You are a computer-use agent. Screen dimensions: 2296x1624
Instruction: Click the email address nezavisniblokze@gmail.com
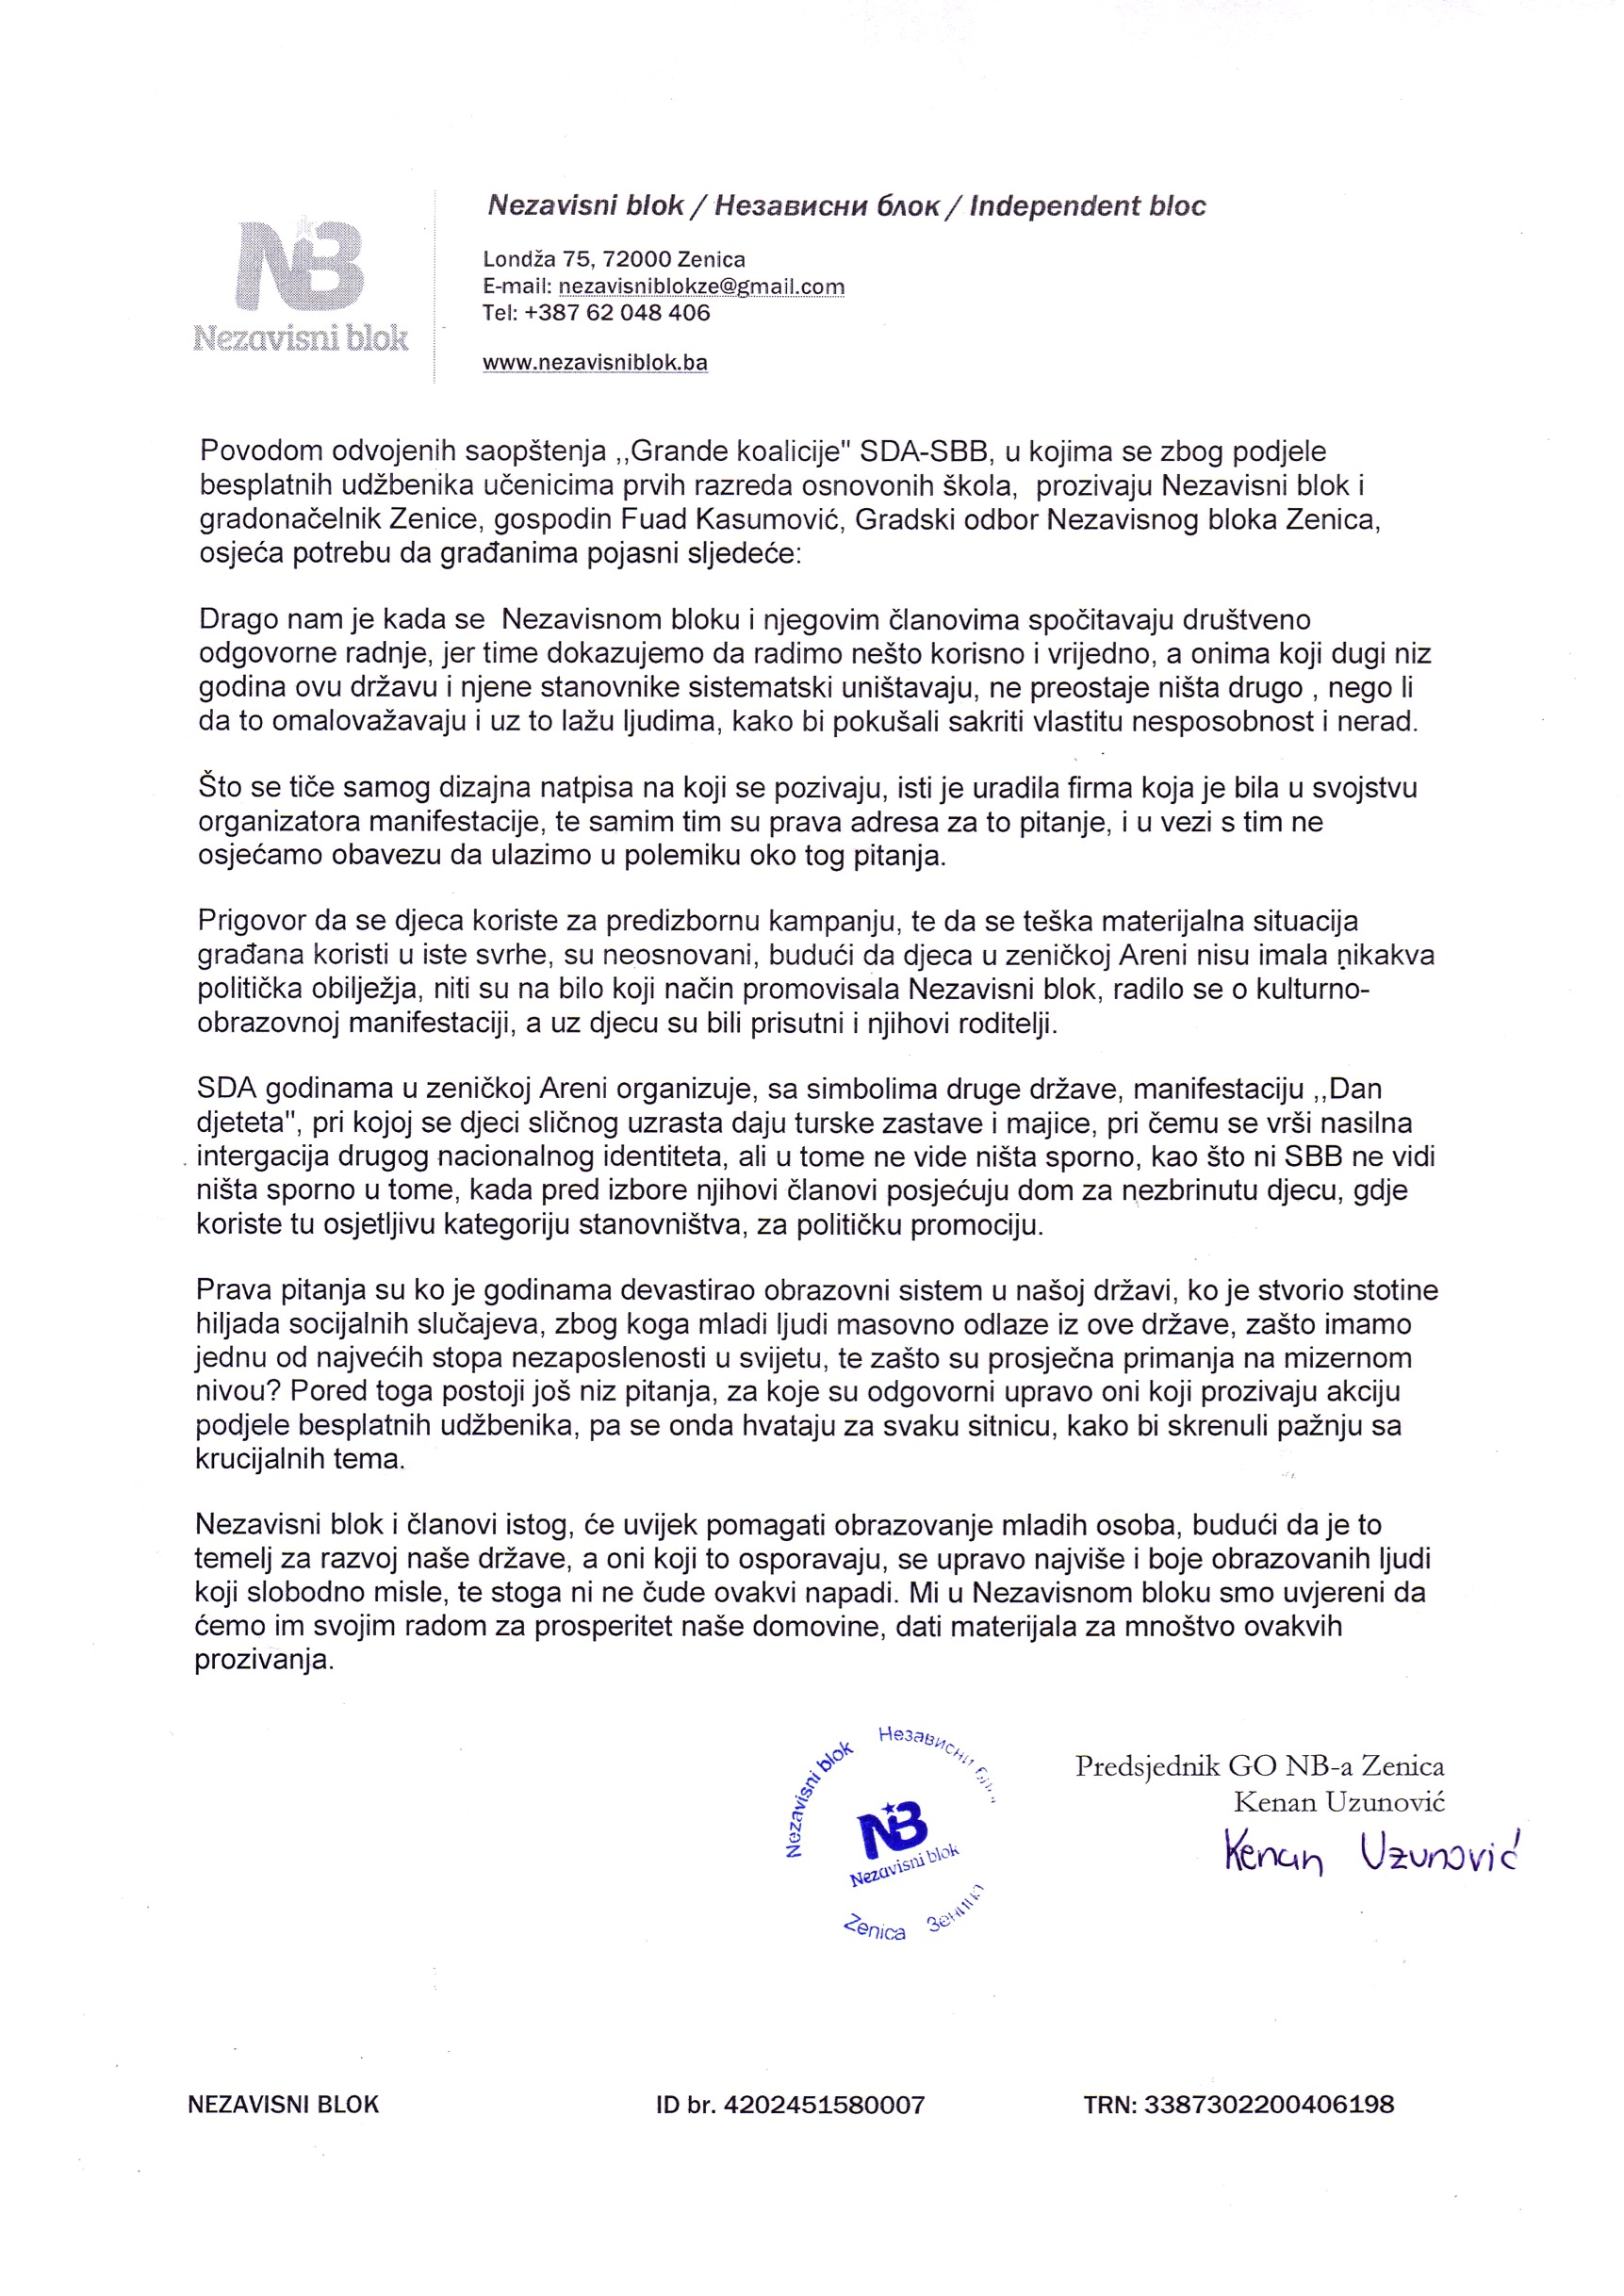[701, 287]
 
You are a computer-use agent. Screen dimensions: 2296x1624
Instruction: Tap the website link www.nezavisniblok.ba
[595, 362]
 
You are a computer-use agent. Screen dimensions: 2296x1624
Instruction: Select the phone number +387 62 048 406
[616, 313]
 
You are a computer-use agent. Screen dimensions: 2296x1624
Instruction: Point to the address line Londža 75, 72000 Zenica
[614, 260]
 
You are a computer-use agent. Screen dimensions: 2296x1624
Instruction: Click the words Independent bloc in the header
[1087, 206]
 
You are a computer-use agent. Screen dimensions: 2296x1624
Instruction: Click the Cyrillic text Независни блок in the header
[827, 206]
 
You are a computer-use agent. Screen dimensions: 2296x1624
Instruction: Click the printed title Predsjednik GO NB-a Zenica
[1259, 1766]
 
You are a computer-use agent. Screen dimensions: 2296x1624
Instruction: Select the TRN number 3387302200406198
[1268, 2105]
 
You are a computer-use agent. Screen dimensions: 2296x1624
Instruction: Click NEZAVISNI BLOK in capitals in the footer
[284, 2105]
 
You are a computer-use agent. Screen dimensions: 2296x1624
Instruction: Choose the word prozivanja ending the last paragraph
[263, 1661]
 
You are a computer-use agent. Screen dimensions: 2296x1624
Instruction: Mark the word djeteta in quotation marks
[240, 1123]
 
